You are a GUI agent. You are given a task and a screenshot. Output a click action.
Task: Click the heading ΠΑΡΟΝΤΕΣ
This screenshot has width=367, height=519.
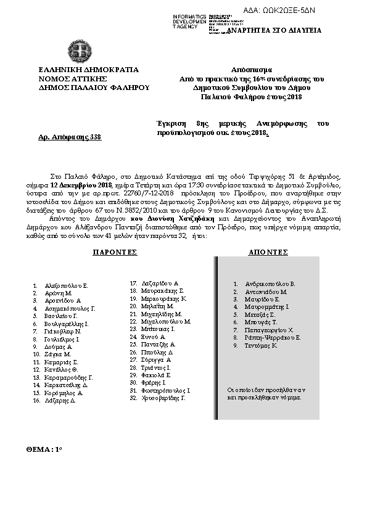[x=115, y=253]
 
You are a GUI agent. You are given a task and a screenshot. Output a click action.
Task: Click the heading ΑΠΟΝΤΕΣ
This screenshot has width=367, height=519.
[x=268, y=253]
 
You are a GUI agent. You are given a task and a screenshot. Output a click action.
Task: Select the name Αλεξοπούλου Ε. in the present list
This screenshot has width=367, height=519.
[x=67, y=286]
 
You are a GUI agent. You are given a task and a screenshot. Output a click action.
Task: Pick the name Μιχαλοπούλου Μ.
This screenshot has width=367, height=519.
[x=166, y=322]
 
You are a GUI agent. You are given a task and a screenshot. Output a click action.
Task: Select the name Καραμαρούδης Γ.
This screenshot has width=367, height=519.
[x=68, y=377]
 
